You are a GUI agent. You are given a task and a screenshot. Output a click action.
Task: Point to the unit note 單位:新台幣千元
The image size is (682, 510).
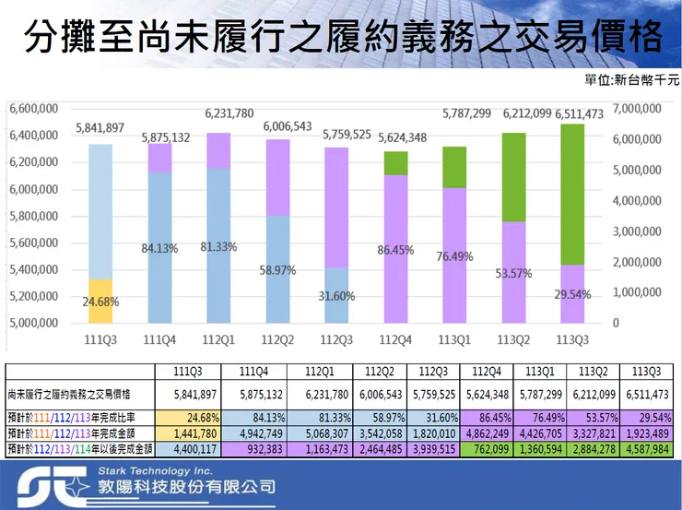[x=631, y=80]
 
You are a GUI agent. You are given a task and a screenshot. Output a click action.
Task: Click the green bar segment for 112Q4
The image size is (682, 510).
[x=396, y=163]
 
